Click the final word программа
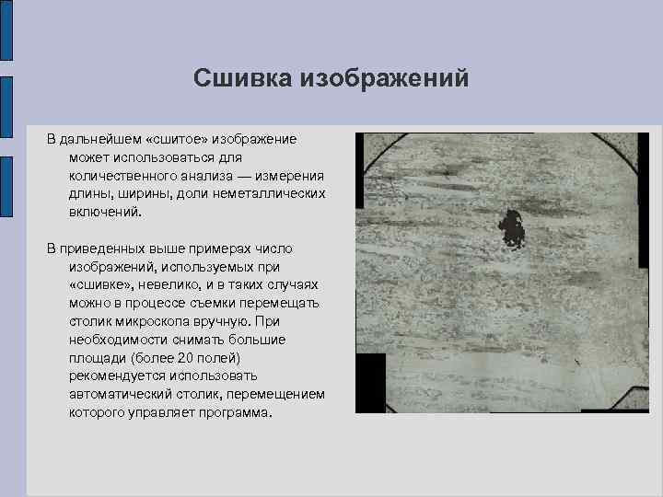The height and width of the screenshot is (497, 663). coord(237,411)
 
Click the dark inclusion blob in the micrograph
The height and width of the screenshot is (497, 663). coord(509,228)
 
